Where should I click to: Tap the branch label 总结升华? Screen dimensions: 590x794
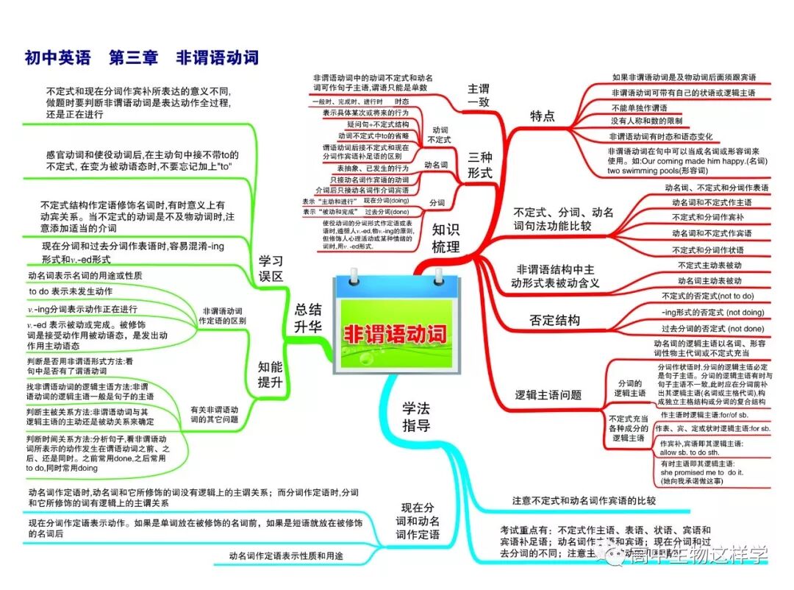pyautogui.click(x=308, y=319)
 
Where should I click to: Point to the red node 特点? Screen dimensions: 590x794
pyautogui.click(x=543, y=115)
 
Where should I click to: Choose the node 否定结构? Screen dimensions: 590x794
pyautogui.click(x=554, y=320)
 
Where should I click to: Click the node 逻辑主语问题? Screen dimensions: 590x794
pyautogui.click(x=548, y=395)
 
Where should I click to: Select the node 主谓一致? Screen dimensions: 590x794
pyautogui.click(x=479, y=96)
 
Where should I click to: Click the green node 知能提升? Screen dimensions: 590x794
pyautogui.click(x=271, y=373)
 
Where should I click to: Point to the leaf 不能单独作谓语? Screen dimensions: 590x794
pyautogui.click(x=639, y=107)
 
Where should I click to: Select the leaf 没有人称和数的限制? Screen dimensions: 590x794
pyautogui.click(x=646, y=121)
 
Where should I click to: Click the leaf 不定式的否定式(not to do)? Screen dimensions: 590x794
pyautogui.click(x=707, y=296)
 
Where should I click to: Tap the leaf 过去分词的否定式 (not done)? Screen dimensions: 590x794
pyautogui.click(x=712, y=328)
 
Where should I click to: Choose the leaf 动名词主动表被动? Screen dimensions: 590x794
pyautogui.click(x=709, y=280)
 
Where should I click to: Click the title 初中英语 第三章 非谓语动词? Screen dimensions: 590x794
pyautogui.click(x=141, y=57)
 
